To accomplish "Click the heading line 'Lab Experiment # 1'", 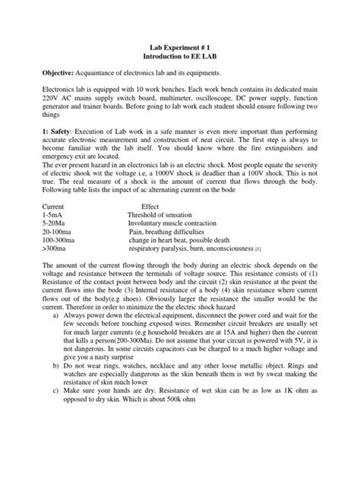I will coord(180,47).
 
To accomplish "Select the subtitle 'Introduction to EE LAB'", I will coord(180,57).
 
